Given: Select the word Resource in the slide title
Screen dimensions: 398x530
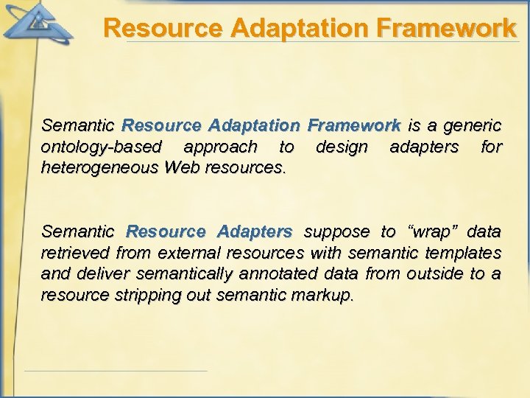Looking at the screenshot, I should pyautogui.click(x=163, y=28).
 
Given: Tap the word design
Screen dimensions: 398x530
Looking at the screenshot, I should pyautogui.click(x=342, y=147).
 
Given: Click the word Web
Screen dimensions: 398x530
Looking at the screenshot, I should pyautogui.click(x=182, y=168).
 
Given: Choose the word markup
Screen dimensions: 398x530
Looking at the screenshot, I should pyautogui.click(x=322, y=296).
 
